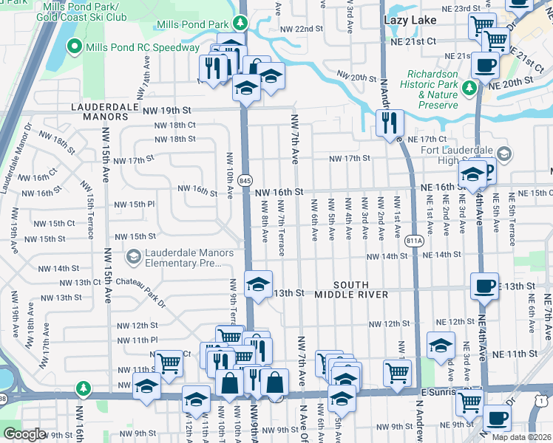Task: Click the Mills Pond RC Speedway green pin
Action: pos(74,48)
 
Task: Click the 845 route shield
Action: pos(246,180)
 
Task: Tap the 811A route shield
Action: pos(415,240)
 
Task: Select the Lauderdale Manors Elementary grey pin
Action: pos(134,256)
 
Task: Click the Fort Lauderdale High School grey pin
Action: pos(504,154)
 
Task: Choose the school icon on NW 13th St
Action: pos(258,284)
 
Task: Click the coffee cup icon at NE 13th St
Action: pos(484,285)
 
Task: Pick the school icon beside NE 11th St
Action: pos(441,345)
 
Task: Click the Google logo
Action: pos(24,434)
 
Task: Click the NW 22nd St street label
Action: pos(302,29)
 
